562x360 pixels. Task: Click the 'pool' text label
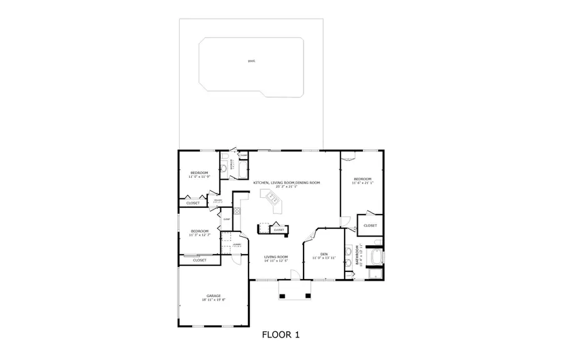point(251,61)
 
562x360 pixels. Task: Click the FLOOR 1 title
point(280,335)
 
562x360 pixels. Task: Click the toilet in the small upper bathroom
point(223,168)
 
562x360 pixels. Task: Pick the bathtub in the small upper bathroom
point(232,166)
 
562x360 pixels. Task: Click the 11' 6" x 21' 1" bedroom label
point(362,181)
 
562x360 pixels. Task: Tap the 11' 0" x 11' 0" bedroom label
point(199,174)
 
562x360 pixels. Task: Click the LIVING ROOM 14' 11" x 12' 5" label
point(275,258)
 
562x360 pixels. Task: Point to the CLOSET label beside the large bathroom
point(370,225)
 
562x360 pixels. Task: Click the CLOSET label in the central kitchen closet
point(279,230)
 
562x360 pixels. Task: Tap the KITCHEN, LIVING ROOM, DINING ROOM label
point(286,184)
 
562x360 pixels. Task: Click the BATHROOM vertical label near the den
point(358,256)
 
